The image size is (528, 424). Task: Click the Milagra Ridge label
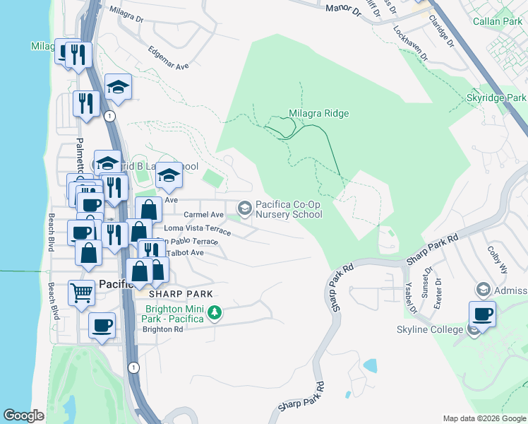click(x=318, y=113)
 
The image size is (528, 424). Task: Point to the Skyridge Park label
click(x=496, y=98)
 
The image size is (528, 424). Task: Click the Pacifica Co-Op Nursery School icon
click(x=245, y=208)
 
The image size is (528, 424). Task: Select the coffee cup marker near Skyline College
click(x=482, y=313)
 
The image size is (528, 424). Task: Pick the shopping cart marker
click(x=81, y=291)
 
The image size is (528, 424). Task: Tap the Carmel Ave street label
click(x=203, y=214)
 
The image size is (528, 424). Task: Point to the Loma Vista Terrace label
click(x=197, y=229)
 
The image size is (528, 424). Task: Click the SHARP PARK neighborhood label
click(x=181, y=293)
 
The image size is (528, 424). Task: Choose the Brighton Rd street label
click(x=162, y=329)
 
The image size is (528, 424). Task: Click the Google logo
click(x=24, y=416)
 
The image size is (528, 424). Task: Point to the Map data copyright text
click(x=483, y=418)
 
